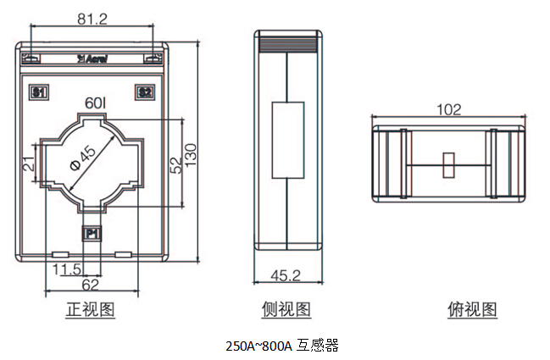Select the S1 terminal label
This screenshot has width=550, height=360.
tap(38, 91)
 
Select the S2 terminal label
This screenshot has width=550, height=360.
tap(145, 91)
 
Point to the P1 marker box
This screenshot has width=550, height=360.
tap(92, 232)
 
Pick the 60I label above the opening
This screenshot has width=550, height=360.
tap(95, 103)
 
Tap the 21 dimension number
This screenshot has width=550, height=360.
tap(27, 164)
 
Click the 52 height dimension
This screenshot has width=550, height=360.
tap(175, 163)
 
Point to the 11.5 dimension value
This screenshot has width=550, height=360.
tap(67, 269)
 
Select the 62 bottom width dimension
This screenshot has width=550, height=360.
tap(91, 285)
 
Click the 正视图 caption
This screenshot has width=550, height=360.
tap(91, 310)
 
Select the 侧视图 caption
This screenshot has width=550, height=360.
tap(286, 310)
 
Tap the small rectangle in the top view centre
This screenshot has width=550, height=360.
tap(450, 164)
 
